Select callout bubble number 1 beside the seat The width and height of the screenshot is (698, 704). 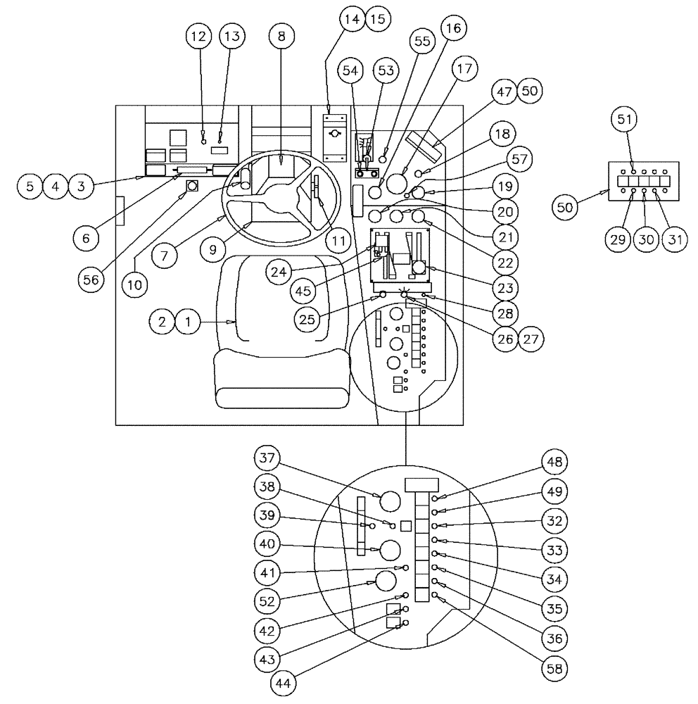point(187,322)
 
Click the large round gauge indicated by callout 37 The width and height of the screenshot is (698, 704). point(389,501)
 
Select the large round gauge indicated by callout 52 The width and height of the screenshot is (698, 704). point(386,581)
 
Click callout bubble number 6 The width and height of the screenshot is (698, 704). point(86,239)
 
